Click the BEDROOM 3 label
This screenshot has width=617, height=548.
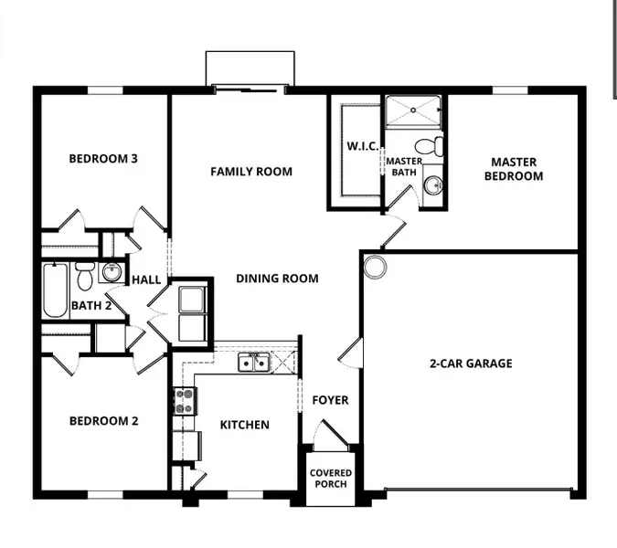(x=103, y=159)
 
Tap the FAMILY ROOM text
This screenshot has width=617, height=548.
(x=251, y=172)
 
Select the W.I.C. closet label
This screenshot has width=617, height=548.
(x=362, y=146)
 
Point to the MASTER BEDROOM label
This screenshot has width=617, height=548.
(x=513, y=169)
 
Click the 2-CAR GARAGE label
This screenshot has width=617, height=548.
(x=471, y=364)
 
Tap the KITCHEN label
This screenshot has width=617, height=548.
(x=244, y=425)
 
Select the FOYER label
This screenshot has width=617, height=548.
(x=330, y=400)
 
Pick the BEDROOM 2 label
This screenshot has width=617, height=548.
(x=103, y=421)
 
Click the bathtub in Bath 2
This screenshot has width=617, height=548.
(x=56, y=290)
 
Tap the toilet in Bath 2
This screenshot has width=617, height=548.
(x=85, y=274)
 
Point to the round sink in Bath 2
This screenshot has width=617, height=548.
(x=112, y=272)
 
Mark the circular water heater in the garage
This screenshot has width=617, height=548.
(x=375, y=267)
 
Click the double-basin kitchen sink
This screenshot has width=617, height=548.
(x=253, y=364)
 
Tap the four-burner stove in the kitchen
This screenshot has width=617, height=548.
(x=185, y=401)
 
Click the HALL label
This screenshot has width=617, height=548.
(x=147, y=280)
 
